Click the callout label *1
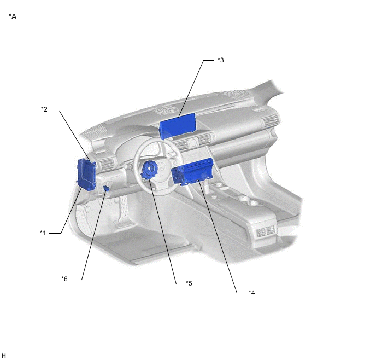(43, 233)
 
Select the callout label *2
(44, 109)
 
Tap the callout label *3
(221, 60)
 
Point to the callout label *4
(252, 292)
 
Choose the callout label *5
(189, 283)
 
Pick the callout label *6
(64, 279)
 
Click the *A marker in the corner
(13, 16)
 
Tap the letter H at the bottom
(4, 356)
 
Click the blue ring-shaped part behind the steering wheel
(149, 170)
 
